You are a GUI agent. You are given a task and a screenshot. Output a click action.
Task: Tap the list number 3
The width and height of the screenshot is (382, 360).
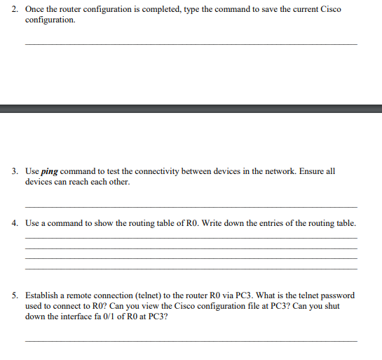[x=15, y=171]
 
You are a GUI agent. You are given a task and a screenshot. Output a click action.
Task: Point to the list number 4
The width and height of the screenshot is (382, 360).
[x=15, y=223]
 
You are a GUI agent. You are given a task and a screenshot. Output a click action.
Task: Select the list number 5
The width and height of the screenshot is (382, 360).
[x=15, y=295]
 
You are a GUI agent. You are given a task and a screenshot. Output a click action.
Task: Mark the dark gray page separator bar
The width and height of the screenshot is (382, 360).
[x=191, y=109]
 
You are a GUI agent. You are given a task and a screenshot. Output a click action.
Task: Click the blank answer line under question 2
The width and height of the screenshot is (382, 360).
[x=191, y=44]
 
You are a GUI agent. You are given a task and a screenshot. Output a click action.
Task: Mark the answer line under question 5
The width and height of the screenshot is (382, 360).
[x=191, y=340]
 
